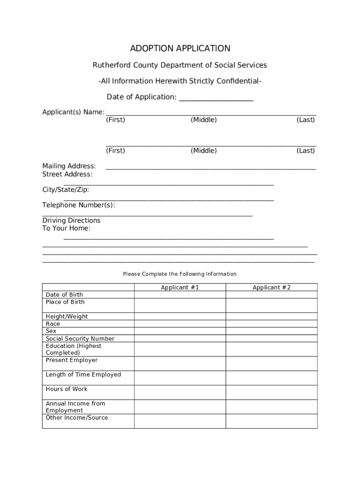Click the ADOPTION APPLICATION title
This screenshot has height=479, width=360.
pos(180,49)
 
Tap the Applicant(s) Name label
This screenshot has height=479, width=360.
pos(73,112)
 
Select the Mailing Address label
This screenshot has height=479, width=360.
pos(69,166)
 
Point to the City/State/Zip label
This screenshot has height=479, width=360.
pos(65,189)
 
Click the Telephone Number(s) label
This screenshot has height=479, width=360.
pos(79,205)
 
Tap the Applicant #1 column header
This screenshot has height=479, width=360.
pos(180,288)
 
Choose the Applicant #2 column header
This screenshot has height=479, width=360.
pos(272,288)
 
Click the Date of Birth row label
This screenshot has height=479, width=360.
pos(65,295)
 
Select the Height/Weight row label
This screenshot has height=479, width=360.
pos(67,317)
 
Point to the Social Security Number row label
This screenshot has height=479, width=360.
pos(80,339)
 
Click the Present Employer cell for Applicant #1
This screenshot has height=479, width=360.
pos(180,363)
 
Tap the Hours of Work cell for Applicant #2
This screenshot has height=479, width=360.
pos(272,392)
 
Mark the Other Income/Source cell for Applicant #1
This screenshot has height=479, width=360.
pos(180,421)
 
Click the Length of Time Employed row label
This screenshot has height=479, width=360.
pos(83,375)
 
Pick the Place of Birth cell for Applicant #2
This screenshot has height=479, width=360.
pos(272,305)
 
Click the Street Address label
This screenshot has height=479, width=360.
pos(67,174)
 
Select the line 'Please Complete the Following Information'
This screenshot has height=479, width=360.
pos(180,274)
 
